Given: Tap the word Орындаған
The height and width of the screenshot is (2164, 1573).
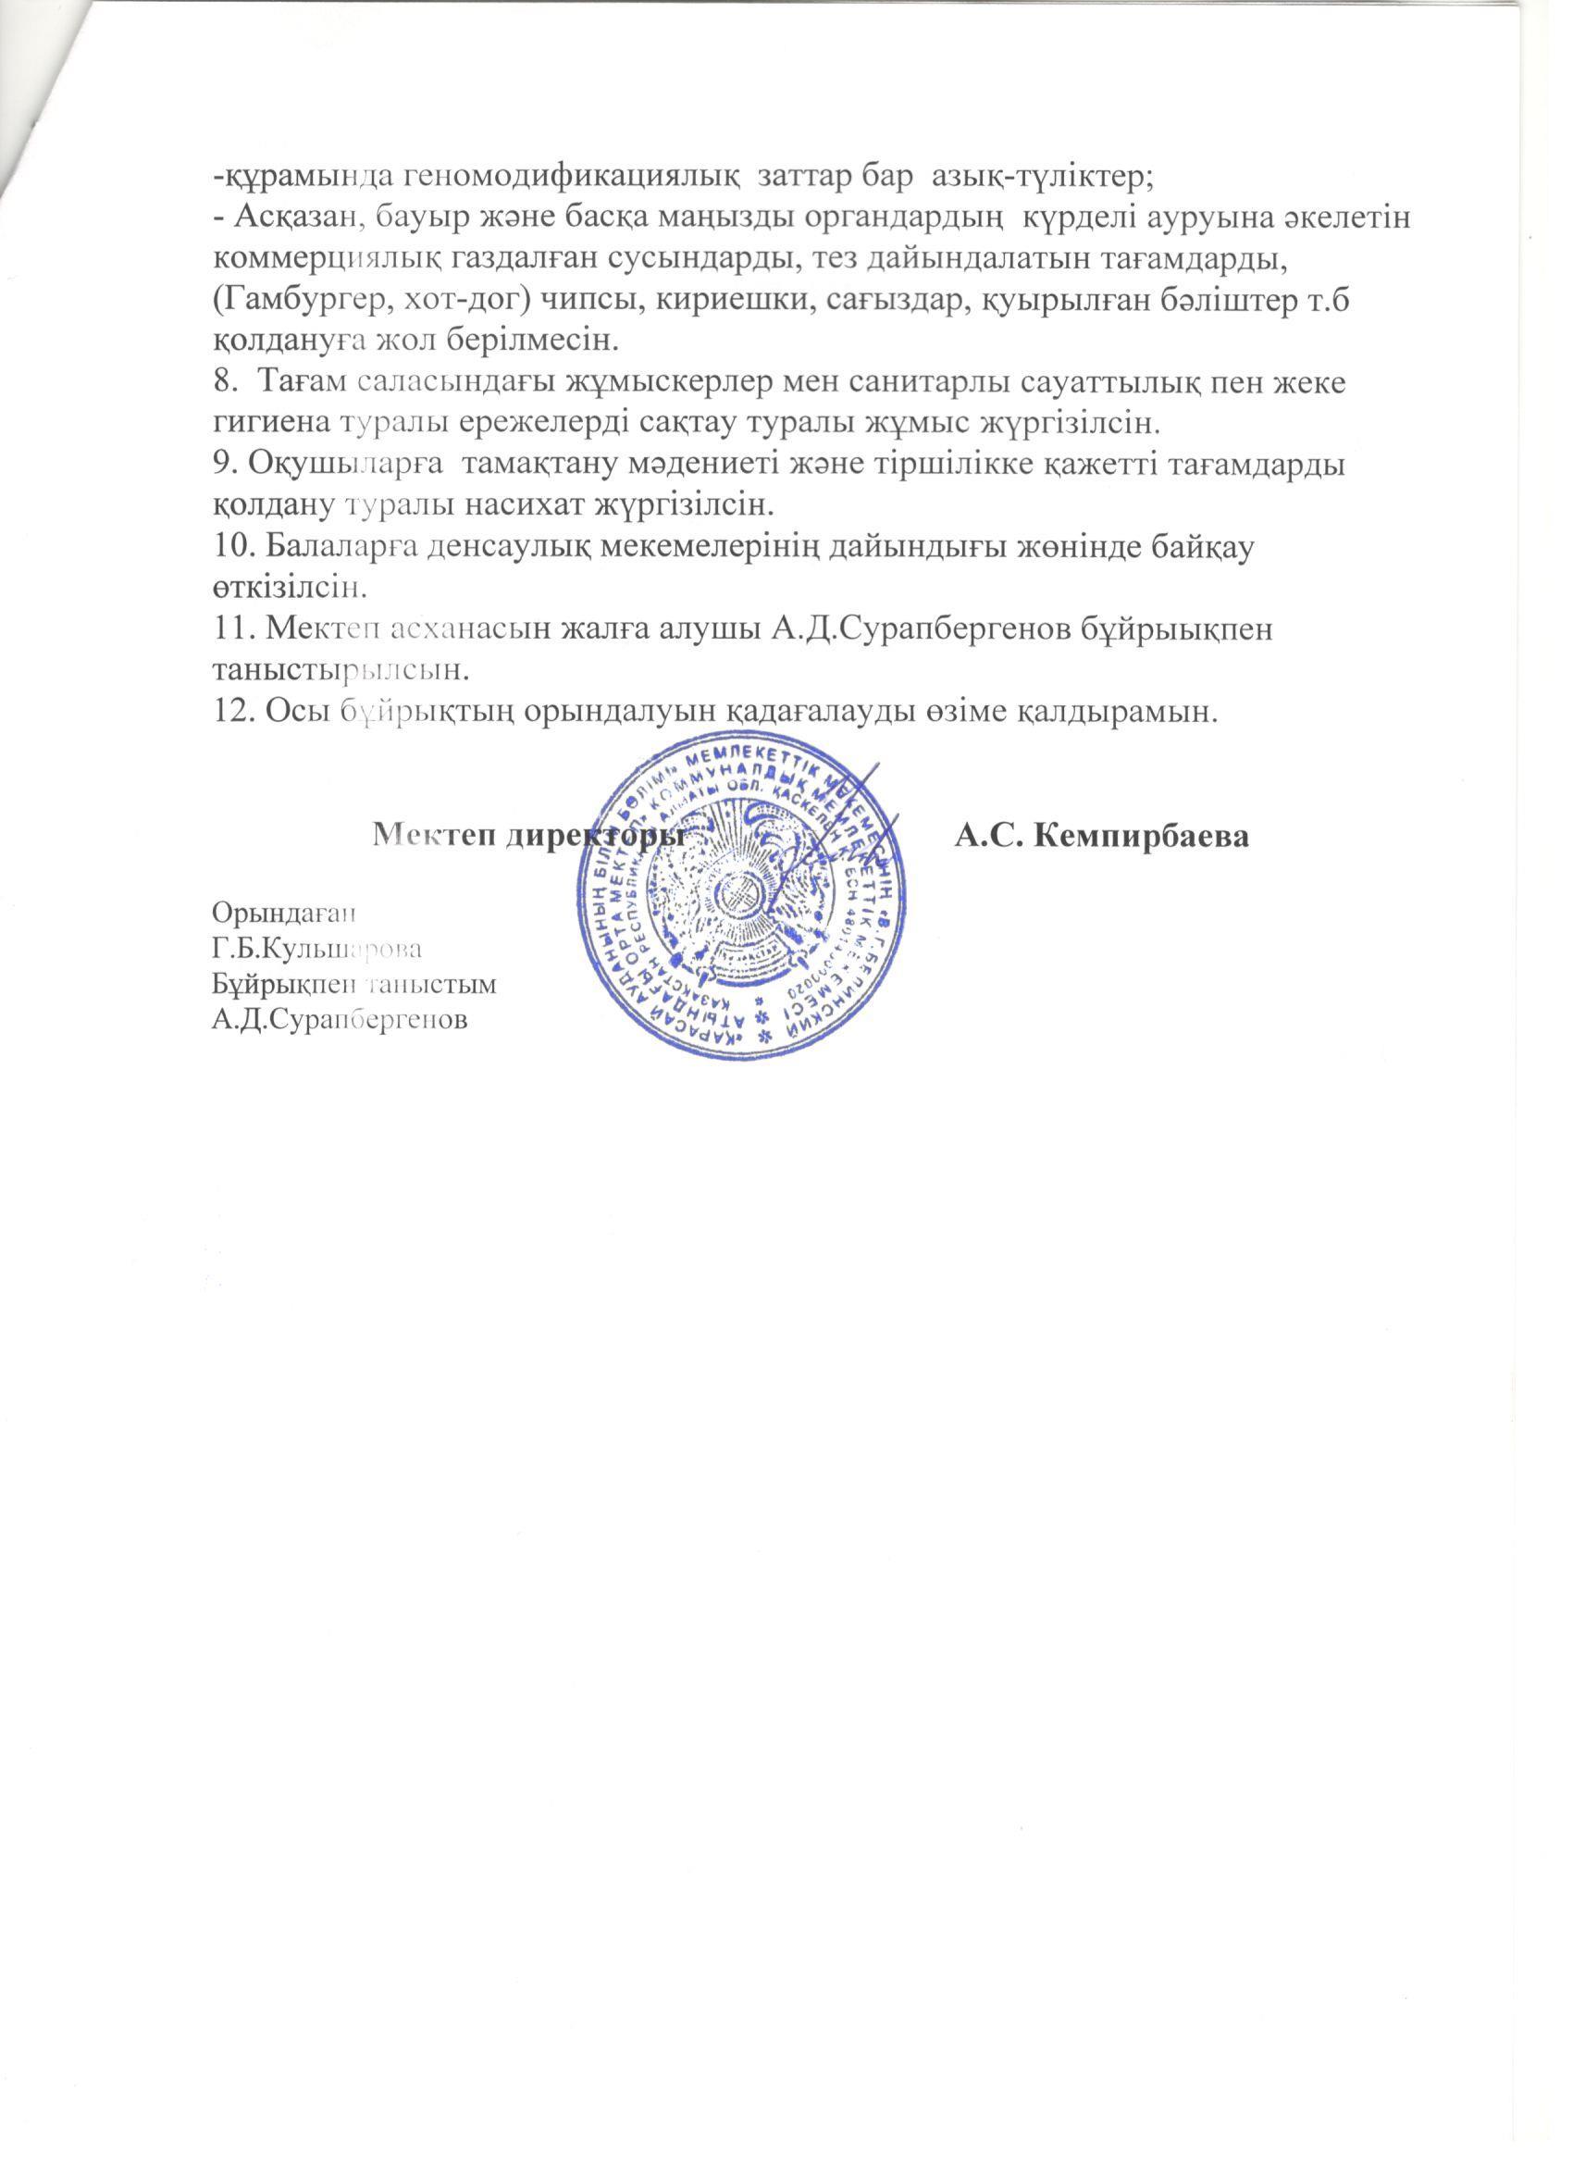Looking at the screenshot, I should (x=282, y=911).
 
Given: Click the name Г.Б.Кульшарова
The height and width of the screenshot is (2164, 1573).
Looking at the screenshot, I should (x=317, y=949).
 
